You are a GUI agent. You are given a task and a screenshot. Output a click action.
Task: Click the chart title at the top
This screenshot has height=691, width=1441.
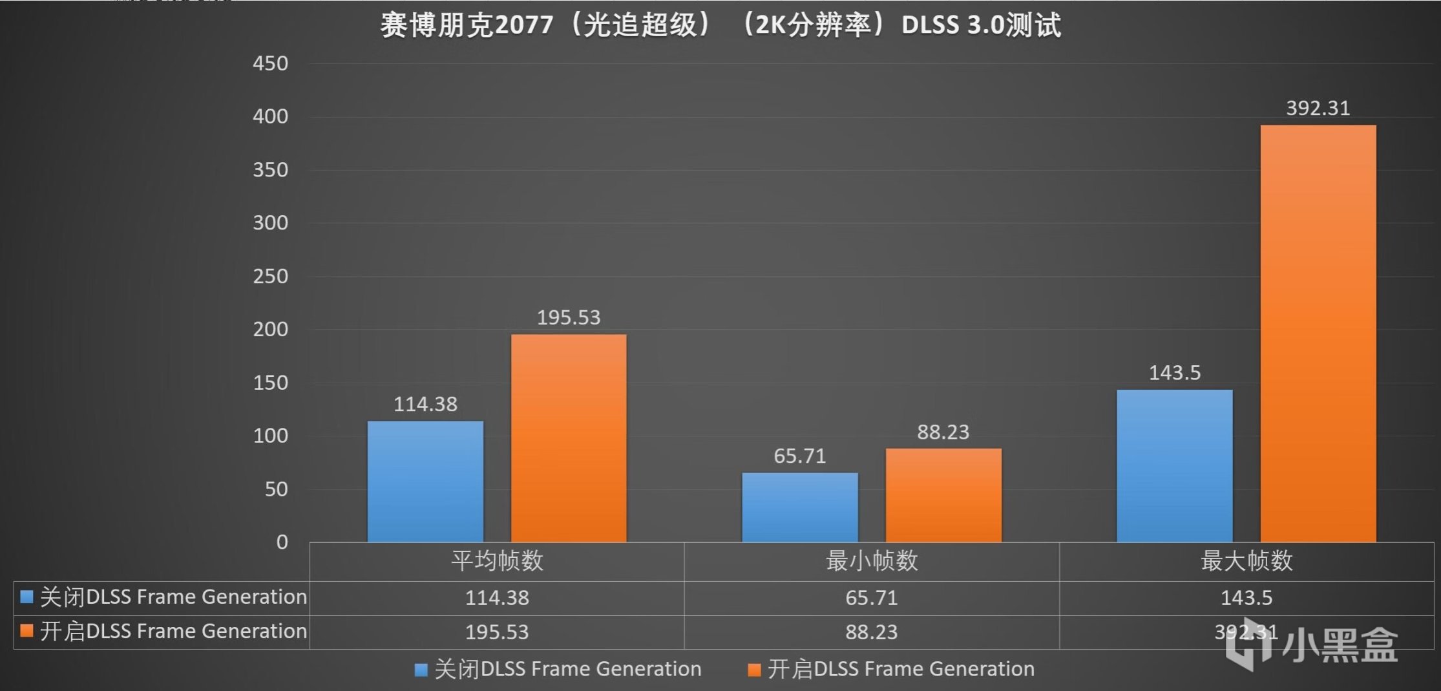720,25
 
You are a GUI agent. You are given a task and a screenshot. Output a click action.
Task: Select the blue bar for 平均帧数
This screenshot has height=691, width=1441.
425,482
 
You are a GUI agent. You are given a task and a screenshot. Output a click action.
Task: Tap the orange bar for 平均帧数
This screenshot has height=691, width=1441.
569,438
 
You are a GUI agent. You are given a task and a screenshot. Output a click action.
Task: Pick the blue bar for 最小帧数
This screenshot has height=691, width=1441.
800,507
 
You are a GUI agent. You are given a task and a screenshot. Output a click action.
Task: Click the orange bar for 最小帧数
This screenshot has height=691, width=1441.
943,495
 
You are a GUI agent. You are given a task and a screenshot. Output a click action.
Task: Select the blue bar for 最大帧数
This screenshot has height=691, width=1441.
1174,465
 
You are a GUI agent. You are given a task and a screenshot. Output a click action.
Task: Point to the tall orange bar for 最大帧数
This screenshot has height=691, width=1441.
1318,333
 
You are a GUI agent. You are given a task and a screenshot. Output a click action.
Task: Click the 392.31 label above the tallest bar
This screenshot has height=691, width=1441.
1318,108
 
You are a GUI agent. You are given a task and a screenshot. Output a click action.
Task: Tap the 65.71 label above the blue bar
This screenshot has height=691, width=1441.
800,456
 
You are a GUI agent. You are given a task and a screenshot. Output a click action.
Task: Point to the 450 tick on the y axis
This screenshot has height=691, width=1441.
270,63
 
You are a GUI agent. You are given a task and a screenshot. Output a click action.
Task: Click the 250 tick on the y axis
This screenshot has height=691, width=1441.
270,276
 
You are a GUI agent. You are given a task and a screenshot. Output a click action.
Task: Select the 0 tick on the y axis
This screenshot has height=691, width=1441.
282,542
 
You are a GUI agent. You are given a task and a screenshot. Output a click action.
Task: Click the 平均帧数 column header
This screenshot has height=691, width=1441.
497,560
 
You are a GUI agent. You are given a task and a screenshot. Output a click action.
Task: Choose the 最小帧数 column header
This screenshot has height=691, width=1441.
872,560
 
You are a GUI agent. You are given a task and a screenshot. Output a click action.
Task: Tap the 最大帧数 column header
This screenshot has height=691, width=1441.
1246,560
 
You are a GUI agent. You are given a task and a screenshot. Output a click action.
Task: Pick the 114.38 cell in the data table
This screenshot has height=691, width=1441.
497,597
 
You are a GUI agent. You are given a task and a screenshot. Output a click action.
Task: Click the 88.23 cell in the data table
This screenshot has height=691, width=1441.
872,632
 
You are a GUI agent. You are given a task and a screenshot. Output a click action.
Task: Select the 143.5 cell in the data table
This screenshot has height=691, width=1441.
1246,597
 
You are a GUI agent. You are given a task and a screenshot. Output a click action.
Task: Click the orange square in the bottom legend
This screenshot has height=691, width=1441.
754,670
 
